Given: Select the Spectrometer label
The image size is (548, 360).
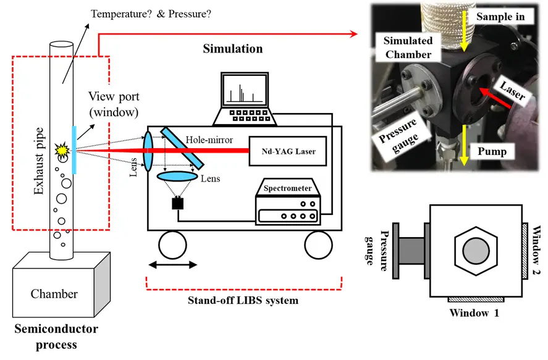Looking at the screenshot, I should (x=287, y=186).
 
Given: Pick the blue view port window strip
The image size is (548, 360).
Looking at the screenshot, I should (x=74, y=150).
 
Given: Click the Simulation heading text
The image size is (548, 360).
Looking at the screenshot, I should (x=232, y=49).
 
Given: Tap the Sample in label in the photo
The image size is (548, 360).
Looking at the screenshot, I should (x=499, y=17).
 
